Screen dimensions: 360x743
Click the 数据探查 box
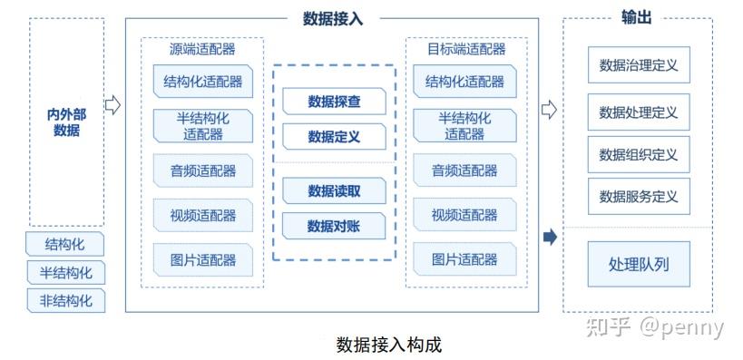click(x=334, y=102)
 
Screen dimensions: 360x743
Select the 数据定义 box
click(x=334, y=137)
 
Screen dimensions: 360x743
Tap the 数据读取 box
click(x=334, y=190)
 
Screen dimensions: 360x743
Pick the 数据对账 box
click(x=334, y=226)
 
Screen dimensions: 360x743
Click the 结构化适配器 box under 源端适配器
click(x=203, y=82)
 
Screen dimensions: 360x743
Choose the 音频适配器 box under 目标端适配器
click(x=464, y=170)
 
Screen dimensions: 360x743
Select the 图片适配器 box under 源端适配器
click(x=203, y=259)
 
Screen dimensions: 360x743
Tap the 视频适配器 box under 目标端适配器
click(x=464, y=215)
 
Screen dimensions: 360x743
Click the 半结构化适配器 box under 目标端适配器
click(x=464, y=126)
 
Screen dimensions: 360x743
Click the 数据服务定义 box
click(x=639, y=195)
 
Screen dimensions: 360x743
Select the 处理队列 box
click(x=639, y=265)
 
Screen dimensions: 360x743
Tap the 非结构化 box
click(x=65, y=300)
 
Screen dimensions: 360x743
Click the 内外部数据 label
click(x=66, y=122)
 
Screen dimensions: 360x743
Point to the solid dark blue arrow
click(x=549, y=238)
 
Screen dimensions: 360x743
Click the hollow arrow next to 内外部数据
click(x=113, y=105)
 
